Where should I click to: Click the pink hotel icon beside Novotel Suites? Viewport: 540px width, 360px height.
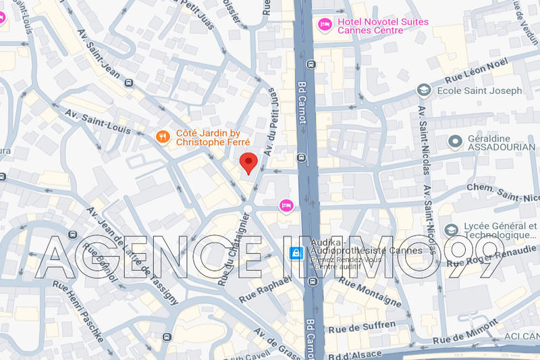[x=325, y=25]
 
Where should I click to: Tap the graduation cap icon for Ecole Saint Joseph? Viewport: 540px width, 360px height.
[x=423, y=90]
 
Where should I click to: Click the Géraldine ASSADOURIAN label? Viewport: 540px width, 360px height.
[x=495, y=142]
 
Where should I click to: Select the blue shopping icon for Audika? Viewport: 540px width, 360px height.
[x=295, y=254]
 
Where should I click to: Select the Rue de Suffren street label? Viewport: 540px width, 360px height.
[x=361, y=328]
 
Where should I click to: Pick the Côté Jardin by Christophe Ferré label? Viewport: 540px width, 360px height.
[x=213, y=137]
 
